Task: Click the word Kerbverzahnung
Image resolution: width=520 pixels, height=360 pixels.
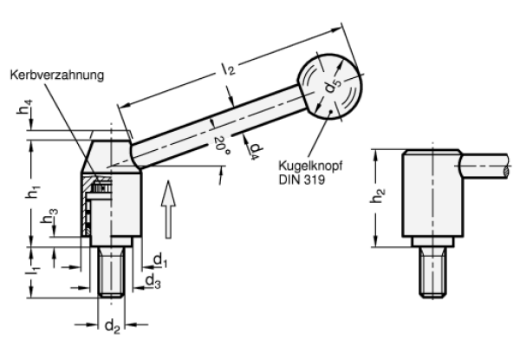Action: (58, 76)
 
